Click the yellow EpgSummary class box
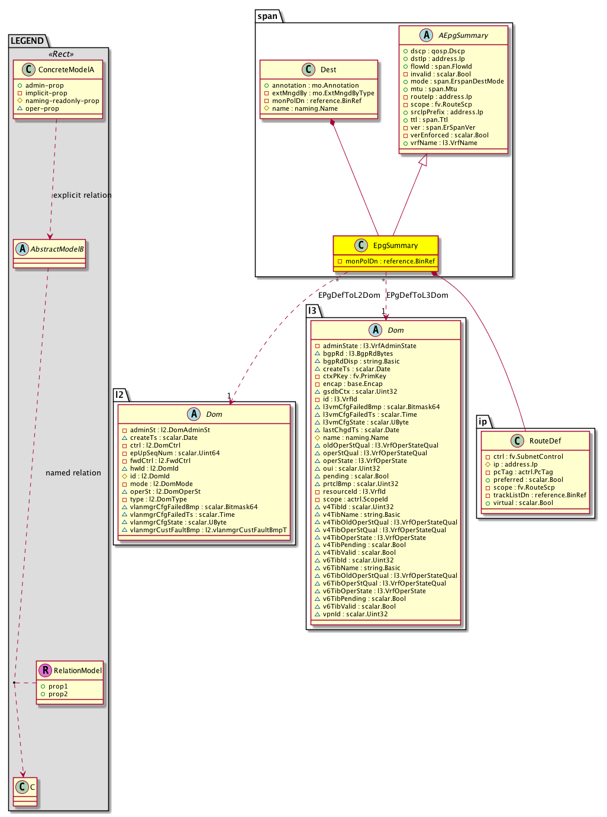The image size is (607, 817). tap(386, 252)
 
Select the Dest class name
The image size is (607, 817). tap(328, 70)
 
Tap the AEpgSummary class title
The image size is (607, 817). tap(463, 36)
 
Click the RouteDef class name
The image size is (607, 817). tap(545, 441)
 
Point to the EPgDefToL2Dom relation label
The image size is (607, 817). tap(349, 295)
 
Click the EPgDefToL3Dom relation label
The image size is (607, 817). tap(417, 295)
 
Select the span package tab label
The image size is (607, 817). tap(268, 16)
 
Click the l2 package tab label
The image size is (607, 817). tap(120, 395)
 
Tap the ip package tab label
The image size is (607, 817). tap(483, 422)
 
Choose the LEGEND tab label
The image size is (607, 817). tap(27, 41)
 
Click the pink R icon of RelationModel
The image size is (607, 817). tap(44, 670)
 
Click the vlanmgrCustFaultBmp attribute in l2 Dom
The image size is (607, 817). tap(208, 530)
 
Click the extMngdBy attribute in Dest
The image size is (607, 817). tap(323, 94)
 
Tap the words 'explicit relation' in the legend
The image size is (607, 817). tap(82, 195)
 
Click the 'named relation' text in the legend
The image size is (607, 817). tap(73, 473)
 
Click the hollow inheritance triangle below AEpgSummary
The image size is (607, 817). tap(422, 159)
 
